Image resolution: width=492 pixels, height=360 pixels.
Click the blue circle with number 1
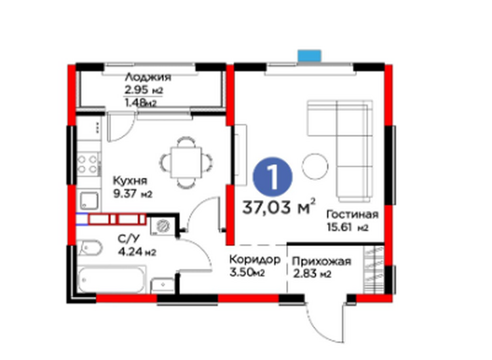pos(272,176)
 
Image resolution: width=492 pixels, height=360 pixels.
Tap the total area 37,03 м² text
pos(279,207)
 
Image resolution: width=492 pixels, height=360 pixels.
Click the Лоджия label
pos(148,77)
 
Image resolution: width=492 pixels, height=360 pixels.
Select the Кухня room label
pos(130,181)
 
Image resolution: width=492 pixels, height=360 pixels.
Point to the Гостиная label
pos(352,214)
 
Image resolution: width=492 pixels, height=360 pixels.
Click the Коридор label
pos(255,260)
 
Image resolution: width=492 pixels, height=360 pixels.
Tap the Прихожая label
pos(321,262)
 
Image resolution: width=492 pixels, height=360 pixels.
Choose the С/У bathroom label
pos(129,239)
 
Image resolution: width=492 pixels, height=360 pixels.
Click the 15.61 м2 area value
pos(347,227)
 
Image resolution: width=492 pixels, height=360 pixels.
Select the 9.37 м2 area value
pos(133,194)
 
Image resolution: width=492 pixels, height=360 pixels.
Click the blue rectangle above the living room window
pos(310,56)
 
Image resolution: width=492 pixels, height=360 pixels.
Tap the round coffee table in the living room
pos(316,166)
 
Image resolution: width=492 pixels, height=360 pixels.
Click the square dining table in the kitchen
pos(186,163)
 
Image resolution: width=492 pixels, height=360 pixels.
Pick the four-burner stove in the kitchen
pos(88,165)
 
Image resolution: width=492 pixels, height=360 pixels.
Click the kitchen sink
pos(89,201)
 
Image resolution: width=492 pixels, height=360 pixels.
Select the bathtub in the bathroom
pos(112,279)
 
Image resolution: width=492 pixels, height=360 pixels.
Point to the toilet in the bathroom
pos(89,248)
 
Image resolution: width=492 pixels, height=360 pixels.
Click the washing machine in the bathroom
pos(163,226)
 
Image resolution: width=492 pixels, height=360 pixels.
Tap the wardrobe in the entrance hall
pos(374,270)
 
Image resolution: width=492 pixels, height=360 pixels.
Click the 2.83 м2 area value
pos(312,274)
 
